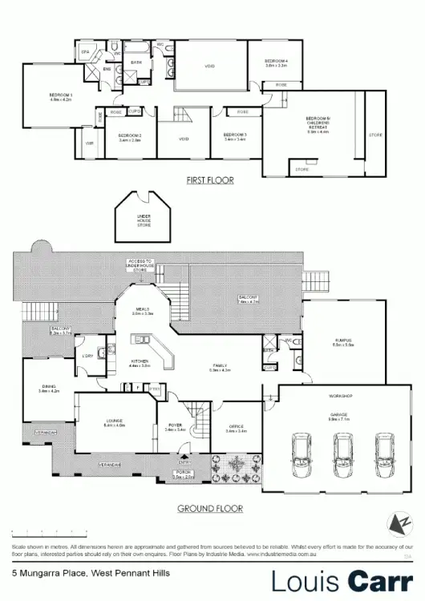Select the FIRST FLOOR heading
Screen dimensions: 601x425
pos(209,180)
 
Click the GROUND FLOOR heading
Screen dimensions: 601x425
pos(210,508)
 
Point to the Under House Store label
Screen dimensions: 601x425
pos(144,220)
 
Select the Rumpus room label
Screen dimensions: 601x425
pos(344,342)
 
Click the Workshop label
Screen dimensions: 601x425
pos(341,397)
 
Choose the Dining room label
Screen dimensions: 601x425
pos(50,389)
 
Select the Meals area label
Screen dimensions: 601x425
pos(143,311)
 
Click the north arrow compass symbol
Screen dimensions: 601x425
pos(394,524)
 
